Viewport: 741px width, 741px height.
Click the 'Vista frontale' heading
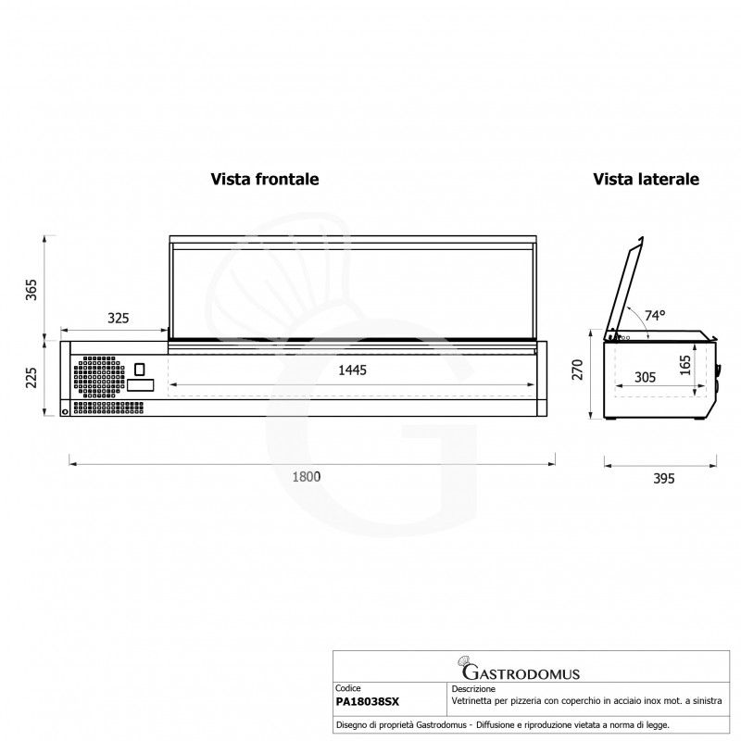click(265, 179)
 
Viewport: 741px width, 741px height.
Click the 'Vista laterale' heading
click(646, 179)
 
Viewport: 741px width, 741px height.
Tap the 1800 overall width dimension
click(307, 476)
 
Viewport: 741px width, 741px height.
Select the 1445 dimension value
click(352, 370)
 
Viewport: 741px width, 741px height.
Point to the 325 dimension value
click(119, 318)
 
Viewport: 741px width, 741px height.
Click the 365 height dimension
click(31, 290)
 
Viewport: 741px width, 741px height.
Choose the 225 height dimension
click(31, 378)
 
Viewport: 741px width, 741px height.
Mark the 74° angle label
click(655, 315)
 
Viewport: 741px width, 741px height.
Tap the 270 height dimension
click(577, 370)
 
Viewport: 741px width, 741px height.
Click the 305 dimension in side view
click(645, 377)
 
